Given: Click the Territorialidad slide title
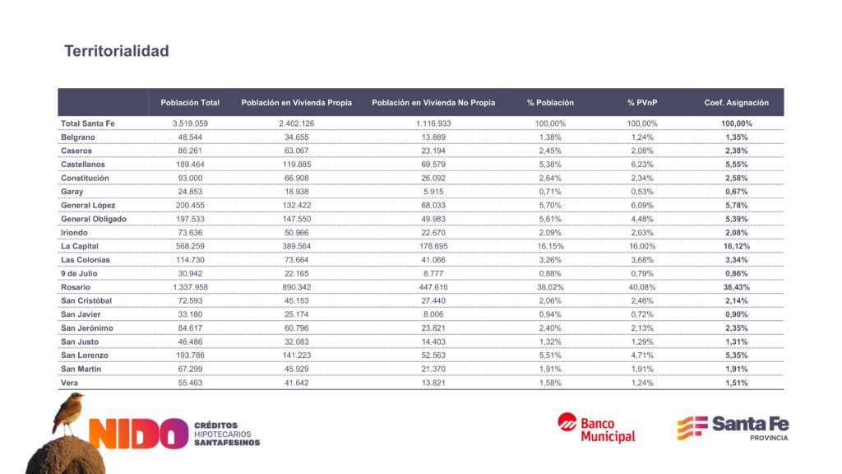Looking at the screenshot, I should click(x=117, y=51).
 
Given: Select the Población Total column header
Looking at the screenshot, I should click(x=190, y=103).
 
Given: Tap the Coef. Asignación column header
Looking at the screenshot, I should click(x=736, y=103).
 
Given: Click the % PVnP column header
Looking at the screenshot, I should click(x=642, y=103).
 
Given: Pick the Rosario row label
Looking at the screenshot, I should click(x=76, y=287).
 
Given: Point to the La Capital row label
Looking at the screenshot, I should click(x=80, y=246).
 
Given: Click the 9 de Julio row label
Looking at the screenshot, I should click(x=79, y=273).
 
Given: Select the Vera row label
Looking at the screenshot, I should click(x=70, y=383).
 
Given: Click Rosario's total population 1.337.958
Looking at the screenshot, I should click(x=190, y=287).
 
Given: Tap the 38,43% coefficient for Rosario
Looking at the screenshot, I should click(x=737, y=287).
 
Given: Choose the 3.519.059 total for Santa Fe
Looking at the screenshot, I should click(x=190, y=123).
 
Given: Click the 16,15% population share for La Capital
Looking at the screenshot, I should click(x=550, y=246).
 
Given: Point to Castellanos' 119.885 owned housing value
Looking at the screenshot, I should click(x=296, y=165).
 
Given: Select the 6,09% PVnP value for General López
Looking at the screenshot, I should click(x=642, y=205).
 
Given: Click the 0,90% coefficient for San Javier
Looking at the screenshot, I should click(x=737, y=314).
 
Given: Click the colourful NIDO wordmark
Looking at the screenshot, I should click(x=138, y=434).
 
